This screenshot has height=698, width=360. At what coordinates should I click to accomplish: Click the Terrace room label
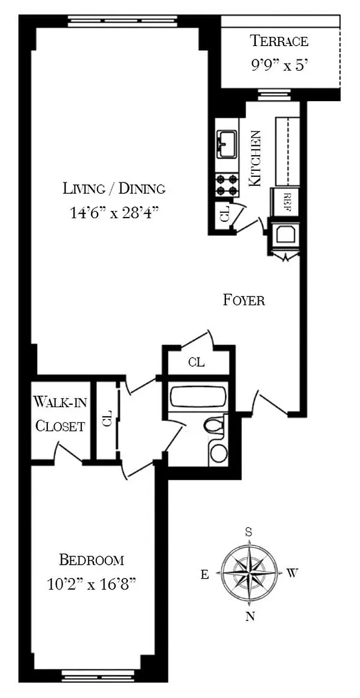[x=279, y=41]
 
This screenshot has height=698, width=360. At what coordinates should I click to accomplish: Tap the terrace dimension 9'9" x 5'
[x=279, y=66]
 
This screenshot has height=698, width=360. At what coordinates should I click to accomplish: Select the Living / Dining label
[x=114, y=188]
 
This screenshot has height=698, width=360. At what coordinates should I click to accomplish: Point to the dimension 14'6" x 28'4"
[x=115, y=213]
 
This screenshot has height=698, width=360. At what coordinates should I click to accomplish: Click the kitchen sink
[x=227, y=144]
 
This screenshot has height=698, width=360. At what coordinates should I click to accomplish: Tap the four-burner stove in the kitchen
[x=226, y=185]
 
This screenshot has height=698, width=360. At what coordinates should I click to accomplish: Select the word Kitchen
[x=255, y=159]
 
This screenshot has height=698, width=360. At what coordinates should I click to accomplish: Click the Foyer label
[x=244, y=300]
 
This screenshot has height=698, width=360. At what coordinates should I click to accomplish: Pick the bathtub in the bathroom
[x=198, y=397]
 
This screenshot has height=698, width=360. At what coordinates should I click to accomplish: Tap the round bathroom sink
[x=219, y=453]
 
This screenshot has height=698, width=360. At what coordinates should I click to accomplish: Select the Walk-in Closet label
[x=60, y=414]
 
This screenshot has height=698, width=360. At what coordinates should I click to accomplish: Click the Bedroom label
[x=92, y=560]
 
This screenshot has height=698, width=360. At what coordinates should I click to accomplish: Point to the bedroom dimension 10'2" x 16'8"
[x=92, y=583]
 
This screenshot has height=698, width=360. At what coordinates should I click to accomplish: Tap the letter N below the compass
[x=250, y=616]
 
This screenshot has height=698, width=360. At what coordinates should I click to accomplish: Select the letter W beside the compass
[x=291, y=573]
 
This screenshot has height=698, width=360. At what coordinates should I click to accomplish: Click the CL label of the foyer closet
[x=196, y=362]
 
